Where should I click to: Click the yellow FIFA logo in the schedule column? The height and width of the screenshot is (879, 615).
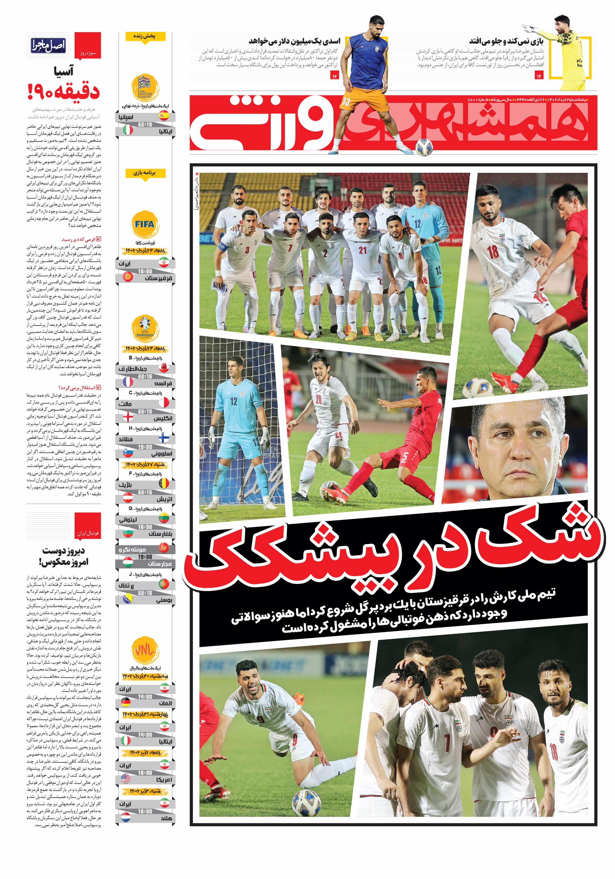tap(144, 224)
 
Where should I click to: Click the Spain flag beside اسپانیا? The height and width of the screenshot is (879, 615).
tap(164, 116)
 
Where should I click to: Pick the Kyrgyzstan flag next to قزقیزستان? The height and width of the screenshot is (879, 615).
tap(127, 276)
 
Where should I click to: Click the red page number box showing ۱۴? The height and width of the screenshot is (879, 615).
tap(539, 76)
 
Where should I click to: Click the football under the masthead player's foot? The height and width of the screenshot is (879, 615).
tap(424, 147)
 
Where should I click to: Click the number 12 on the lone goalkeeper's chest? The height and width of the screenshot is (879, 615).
tap(233, 401)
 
